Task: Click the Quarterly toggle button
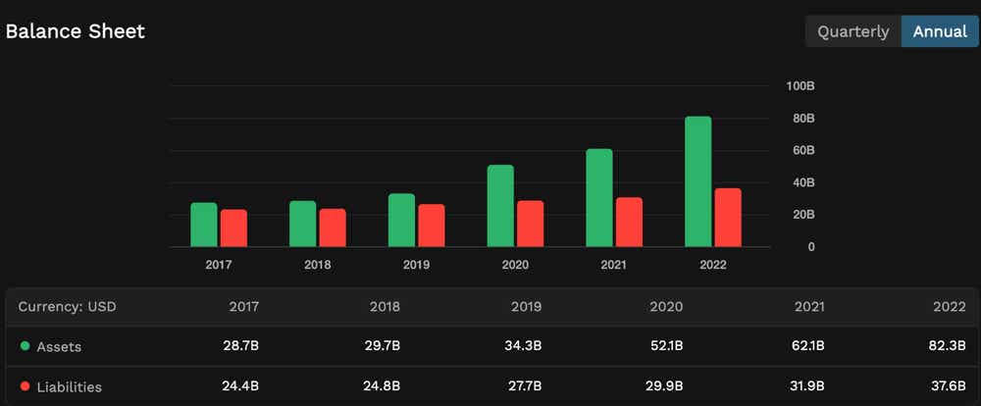click(x=852, y=31)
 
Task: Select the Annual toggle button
click(x=940, y=31)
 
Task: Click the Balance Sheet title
click(x=76, y=31)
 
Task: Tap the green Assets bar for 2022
click(x=698, y=181)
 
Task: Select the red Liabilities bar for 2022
click(x=728, y=218)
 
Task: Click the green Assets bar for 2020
click(x=500, y=206)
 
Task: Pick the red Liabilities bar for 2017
click(x=233, y=228)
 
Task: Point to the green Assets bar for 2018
click(x=302, y=224)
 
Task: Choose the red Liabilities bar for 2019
click(x=432, y=226)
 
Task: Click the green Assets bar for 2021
click(x=599, y=198)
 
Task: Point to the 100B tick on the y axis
click(x=800, y=86)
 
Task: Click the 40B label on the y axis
click(x=803, y=182)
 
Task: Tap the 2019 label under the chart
click(x=416, y=265)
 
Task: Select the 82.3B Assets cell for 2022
click(x=949, y=346)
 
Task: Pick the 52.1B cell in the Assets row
click(x=666, y=346)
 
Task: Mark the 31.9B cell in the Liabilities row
click(x=807, y=386)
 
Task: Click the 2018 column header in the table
click(x=385, y=306)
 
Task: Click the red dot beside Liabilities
click(x=25, y=386)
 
